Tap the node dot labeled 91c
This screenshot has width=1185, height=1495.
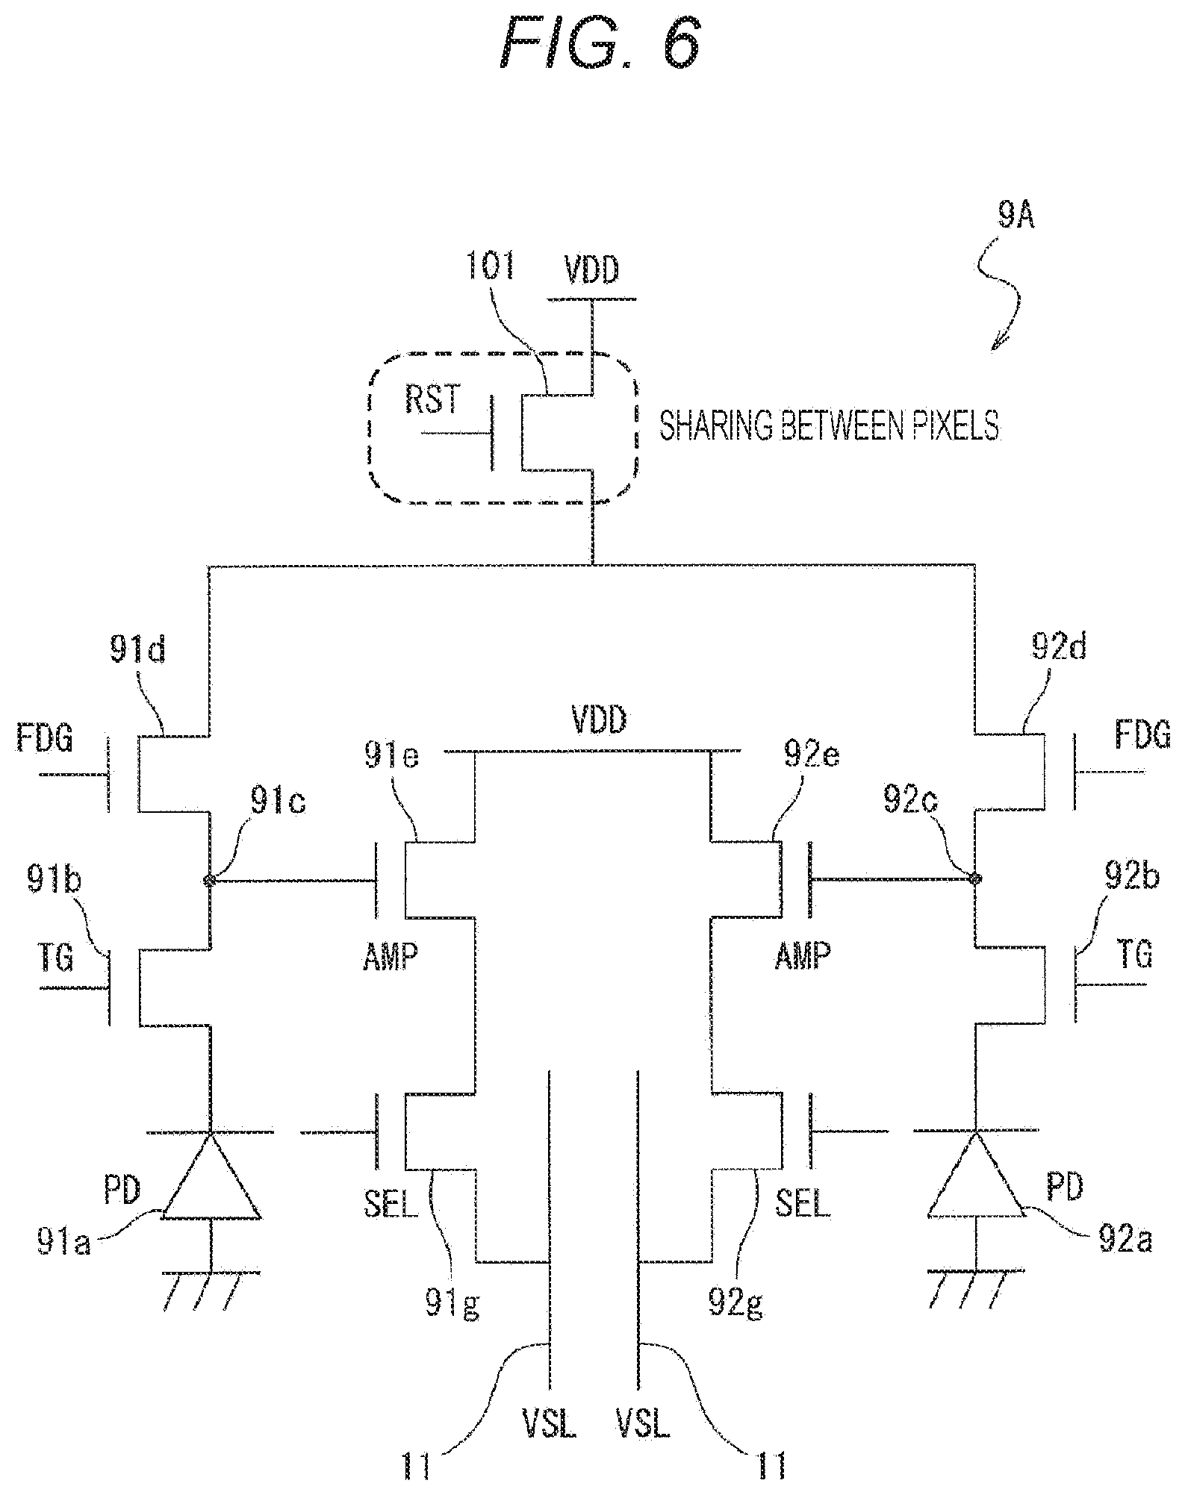tap(210, 881)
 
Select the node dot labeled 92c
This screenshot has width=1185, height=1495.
tap(974, 878)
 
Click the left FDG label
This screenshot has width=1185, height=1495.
tap(45, 740)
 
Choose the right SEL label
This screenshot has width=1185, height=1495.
tap(803, 1201)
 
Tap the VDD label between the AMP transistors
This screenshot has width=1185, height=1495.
tap(600, 722)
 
